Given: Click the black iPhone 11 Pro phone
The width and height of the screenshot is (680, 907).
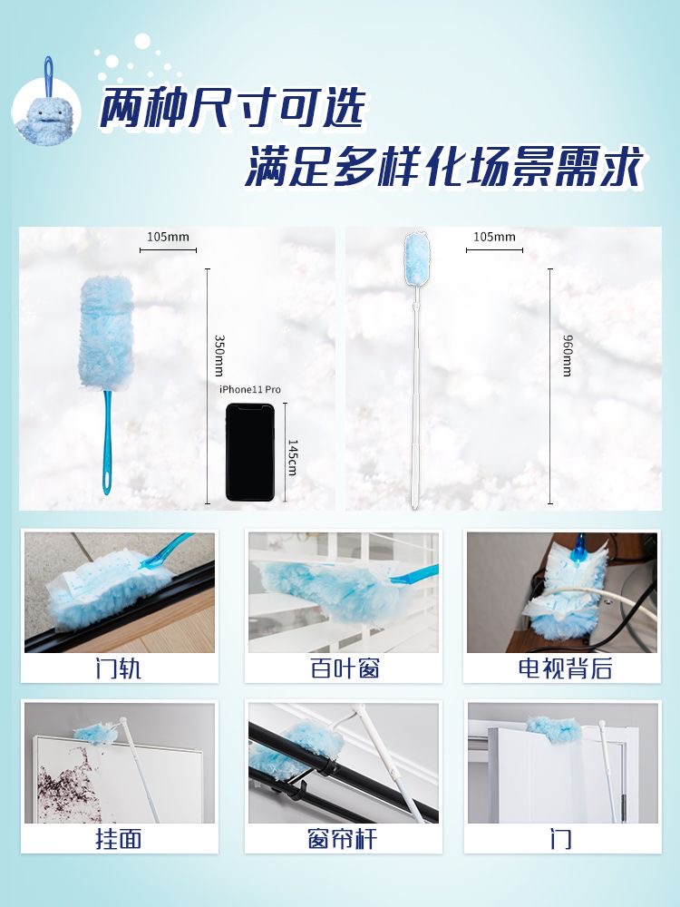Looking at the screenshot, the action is (x=250, y=452).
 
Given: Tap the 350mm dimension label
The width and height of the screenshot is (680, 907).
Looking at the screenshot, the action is (x=219, y=356).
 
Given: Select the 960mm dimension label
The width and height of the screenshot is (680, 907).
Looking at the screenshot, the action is (x=568, y=356).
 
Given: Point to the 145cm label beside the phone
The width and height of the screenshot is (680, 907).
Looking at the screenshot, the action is (x=292, y=457).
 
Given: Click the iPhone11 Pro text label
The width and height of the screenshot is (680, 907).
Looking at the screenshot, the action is (x=250, y=389).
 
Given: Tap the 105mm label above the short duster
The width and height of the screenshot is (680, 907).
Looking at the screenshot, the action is (x=168, y=237).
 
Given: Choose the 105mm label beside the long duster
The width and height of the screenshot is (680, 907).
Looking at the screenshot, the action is (x=494, y=237).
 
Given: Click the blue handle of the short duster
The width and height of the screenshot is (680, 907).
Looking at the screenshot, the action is (x=107, y=443).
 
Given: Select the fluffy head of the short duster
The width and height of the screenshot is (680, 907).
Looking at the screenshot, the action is (x=106, y=333).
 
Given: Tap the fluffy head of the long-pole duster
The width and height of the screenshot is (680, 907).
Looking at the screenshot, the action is (x=417, y=259).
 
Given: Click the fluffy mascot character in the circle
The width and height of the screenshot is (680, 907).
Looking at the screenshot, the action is (x=45, y=117).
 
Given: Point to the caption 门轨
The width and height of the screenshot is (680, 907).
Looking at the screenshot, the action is (x=119, y=668).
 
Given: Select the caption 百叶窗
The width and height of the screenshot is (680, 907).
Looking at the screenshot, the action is (x=345, y=668).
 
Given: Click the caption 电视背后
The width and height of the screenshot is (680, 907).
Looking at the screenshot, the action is (x=565, y=668).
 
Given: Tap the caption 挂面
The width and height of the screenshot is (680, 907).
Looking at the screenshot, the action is (x=119, y=839).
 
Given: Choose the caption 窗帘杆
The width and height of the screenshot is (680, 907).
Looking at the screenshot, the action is (x=343, y=839).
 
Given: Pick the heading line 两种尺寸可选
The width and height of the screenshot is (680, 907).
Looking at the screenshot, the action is (x=232, y=108).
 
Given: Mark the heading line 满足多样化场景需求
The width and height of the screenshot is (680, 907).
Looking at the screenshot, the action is (x=444, y=166).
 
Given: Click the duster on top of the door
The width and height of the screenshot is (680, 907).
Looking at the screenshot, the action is (x=553, y=729).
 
